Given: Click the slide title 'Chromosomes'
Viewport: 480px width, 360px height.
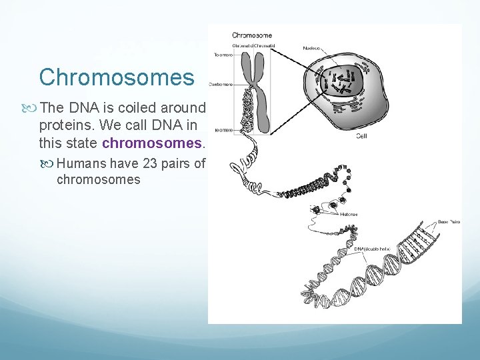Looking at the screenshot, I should tap(117, 77).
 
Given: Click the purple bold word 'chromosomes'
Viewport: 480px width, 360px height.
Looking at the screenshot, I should tap(151, 143).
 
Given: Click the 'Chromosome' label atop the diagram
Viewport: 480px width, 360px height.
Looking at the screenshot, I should tap(251, 35).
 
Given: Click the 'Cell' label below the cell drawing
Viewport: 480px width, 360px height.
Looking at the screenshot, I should tap(362, 135).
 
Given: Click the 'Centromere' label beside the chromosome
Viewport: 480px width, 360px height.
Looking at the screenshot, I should tap(221, 85).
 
